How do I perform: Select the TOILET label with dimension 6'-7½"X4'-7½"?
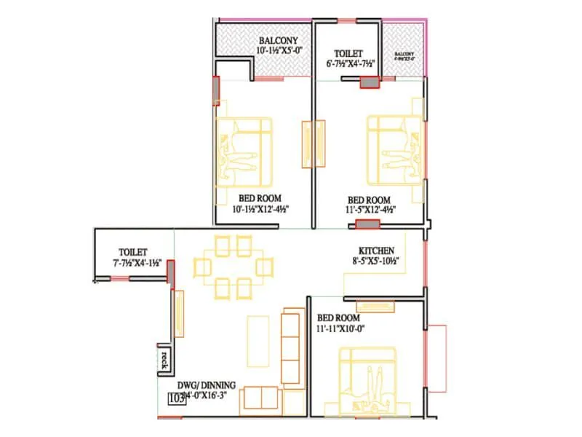coord(349,53)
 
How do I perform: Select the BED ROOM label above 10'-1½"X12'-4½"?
coord(260,198)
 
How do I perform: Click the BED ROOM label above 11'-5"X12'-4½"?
coord(369,200)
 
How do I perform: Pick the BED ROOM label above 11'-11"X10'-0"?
coord(340,318)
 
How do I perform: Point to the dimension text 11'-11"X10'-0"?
coord(340,328)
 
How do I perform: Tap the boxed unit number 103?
coord(175,398)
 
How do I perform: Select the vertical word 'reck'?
coord(165,359)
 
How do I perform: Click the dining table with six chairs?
coord(233,267)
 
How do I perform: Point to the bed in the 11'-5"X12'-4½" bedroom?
coord(394,149)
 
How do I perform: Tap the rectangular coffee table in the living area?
coord(258,339)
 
